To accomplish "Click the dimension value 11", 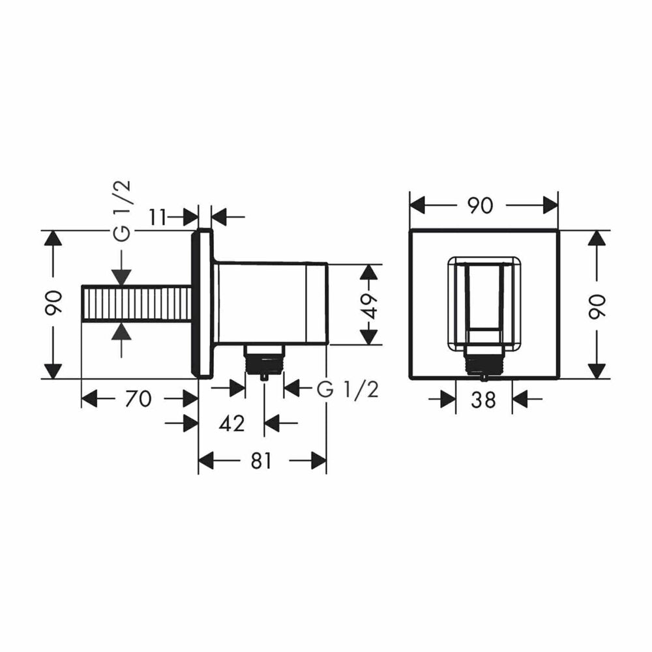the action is (158, 217).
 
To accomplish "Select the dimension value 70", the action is (139, 399).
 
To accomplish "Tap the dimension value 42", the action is (231, 424).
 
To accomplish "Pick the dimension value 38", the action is (484, 400).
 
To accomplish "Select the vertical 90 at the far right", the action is (597, 306).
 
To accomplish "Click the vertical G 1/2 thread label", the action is (123, 211).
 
